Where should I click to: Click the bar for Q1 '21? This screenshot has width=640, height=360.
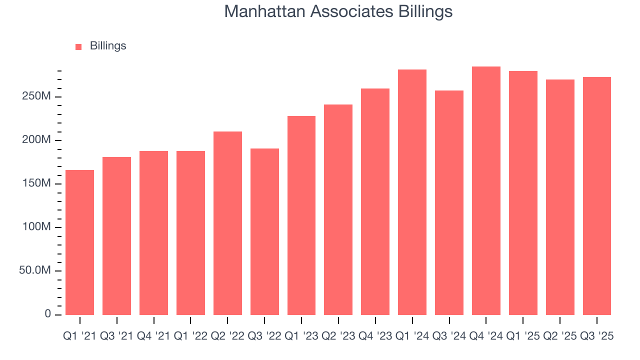coord(79,242)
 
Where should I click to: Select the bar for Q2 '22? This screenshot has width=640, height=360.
coord(227,223)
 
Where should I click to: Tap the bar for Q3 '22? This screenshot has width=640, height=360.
coord(264,231)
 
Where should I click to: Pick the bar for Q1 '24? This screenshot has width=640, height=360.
coord(412,192)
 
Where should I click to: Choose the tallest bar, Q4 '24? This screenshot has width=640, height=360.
coord(486,190)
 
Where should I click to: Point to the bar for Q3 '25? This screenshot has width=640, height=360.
coord(596,196)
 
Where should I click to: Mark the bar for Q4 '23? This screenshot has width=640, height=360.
coord(375,201)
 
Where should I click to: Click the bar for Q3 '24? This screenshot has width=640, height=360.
coord(449,202)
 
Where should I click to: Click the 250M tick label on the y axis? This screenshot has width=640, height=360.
coord(36,96)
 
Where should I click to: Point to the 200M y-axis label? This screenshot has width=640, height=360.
coord(36,140)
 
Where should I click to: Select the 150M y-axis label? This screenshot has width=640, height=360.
coord(36,183)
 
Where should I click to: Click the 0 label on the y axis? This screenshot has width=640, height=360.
coord(47,314)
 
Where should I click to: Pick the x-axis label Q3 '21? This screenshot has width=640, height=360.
coord(116,336)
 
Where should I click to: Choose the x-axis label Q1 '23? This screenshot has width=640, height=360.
coord(301,336)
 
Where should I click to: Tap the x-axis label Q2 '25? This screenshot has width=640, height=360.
coord(559,336)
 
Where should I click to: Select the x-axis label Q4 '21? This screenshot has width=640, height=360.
coord(153,336)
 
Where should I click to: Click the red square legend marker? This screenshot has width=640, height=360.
coord(78,47)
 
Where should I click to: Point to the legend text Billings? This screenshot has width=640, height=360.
coord(108,46)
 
